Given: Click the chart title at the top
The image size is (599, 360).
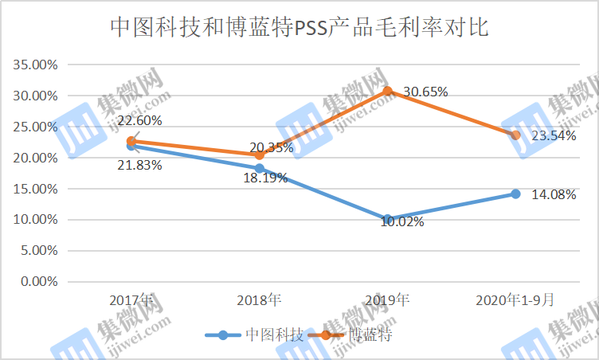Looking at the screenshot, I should pyautogui.click(x=299, y=29).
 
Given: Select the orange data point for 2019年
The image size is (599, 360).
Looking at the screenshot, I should pyautogui.click(x=388, y=91).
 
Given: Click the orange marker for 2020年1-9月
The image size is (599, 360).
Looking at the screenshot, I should pyautogui.click(x=515, y=135).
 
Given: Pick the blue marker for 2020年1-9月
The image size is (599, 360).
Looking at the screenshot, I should pyautogui.click(x=515, y=194).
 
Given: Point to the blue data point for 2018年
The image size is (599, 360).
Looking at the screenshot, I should pyautogui.click(x=260, y=168).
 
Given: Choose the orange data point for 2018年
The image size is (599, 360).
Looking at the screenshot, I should pyautogui.click(x=260, y=155).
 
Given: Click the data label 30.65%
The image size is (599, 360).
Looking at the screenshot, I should pyautogui.click(x=425, y=92).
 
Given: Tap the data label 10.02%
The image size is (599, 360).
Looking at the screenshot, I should pyautogui.click(x=402, y=222).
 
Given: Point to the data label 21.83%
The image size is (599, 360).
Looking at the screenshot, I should pyautogui.click(x=139, y=166).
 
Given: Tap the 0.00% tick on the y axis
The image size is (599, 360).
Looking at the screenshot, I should pyautogui.click(x=38, y=281).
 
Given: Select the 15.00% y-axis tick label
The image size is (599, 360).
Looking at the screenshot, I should pyautogui.click(x=36, y=189).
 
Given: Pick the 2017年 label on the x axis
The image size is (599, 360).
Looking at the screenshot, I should pyautogui.click(x=131, y=301).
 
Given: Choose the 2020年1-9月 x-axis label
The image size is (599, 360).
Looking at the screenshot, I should pyautogui.click(x=515, y=301).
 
